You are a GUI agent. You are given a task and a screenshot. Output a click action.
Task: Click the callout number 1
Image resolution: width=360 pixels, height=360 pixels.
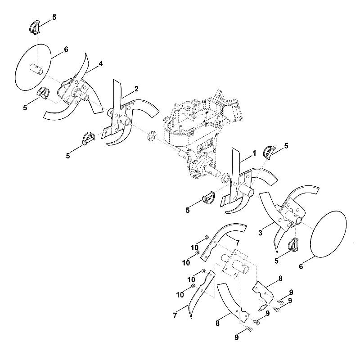click(x=254, y=153)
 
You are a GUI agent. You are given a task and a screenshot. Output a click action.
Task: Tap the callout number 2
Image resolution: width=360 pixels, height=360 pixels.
click(x=136, y=89)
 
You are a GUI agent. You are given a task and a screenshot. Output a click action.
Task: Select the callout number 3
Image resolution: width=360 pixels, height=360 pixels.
click(x=260, y=233)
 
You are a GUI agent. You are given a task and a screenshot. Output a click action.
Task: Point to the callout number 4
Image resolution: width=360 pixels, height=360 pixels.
click(x=100, y=64)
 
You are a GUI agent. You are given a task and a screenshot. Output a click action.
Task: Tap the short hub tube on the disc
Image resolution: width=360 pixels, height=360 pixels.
click(x=36, y=68)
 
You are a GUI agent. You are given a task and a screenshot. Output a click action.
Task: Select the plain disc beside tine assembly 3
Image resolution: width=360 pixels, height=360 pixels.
click(x=328, y=234)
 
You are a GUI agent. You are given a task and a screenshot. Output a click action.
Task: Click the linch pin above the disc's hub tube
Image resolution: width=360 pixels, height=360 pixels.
click(x=35, y=27)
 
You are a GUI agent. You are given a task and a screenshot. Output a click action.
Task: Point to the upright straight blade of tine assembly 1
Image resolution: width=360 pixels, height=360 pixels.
click(x=235, y=170)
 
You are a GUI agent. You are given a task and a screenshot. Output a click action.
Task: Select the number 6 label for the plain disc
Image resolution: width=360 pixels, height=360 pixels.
click(x=301, y=266)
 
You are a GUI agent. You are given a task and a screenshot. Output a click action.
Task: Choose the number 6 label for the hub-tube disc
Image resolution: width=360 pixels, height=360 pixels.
click(x=66, y=49)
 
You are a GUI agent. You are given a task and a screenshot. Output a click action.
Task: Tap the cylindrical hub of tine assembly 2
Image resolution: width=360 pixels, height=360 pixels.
click(x=126, y=120)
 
